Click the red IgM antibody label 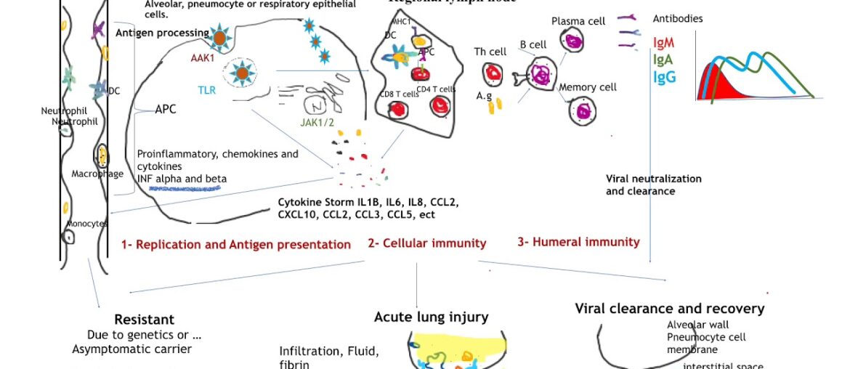(x=663, y=43)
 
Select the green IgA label (x=663, y=60)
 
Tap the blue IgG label (x=664, y=76)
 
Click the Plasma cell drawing (x=575, y=41)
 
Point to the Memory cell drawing (x=583, y=110)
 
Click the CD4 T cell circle (x=440, y=106)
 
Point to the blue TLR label (x=207, y=90)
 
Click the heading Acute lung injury (x=431, y=317)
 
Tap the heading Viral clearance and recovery (x=669, y=309)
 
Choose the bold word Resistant (x=144, y=320)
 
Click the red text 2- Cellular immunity (x=426, y=243)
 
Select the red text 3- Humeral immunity (x=578, y=242)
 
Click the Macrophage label (x=97, y=174)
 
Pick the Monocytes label (x=86, y=224)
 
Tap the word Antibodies (x=677, y=18)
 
